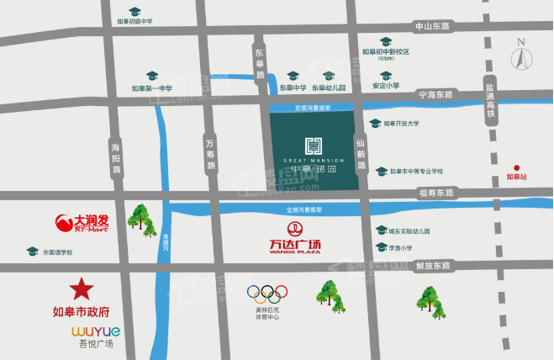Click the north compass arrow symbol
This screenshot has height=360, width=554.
[522, 56]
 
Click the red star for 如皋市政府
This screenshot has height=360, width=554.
[82, 289]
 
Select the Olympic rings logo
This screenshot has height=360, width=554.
[266, 294]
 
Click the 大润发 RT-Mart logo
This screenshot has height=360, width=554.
[82, 224]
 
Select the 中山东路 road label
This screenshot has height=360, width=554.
[433, 27]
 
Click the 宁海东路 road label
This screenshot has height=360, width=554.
[435, 95]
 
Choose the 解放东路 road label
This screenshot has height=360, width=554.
[434, 266]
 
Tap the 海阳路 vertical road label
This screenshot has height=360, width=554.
[116, 158]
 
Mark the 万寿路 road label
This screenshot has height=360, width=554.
[210, 155]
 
